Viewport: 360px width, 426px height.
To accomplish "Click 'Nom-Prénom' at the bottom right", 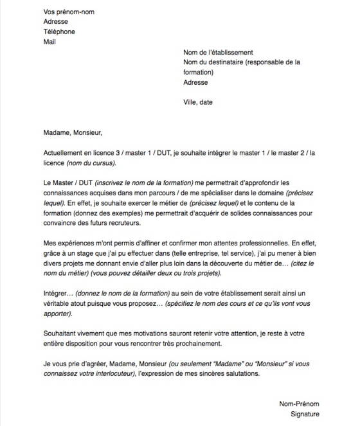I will pos(299,404).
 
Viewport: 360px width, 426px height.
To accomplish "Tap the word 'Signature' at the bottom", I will pos(304,414).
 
